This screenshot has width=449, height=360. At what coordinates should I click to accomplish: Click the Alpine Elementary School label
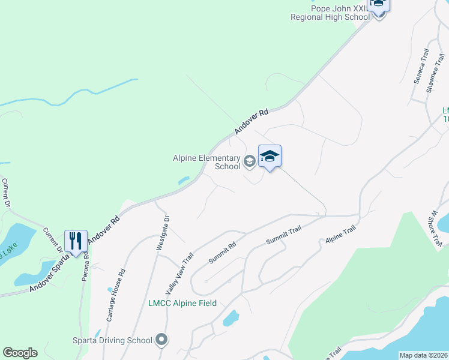pyautogui.click(x=206, y=162)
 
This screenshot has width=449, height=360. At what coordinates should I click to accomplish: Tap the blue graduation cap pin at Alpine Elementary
pyautogui.click(x=270, y=157)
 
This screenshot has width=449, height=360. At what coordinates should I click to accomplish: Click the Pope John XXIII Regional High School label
pyautogui.click(x=330, y=13)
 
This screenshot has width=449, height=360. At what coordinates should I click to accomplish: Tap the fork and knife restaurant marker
pyautogui.click(x=75, y=241)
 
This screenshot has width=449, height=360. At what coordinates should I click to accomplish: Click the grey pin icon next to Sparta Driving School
pyautogui.click(x=161, y=341)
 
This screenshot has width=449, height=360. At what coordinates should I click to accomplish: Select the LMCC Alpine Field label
pyautogui.click(x=182, y=304)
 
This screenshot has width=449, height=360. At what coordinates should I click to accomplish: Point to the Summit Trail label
pyautogui.click(x=283, y=235)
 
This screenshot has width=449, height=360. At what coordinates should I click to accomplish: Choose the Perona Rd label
pyautogui.click(x=85, y=266)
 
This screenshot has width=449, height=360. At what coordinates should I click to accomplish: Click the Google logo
pyautogui.click(x=20, y=353)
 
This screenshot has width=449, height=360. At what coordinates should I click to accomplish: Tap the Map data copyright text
pyautogui.click(x=423, y=355)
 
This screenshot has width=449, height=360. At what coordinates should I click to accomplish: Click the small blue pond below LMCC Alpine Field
pyautogui.click(x=231, y=318)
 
